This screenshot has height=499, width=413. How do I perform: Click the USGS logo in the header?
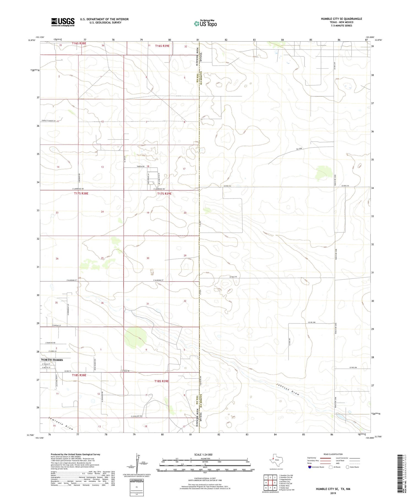tap(63, 22)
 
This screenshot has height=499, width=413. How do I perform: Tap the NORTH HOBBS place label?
tap(52, 360)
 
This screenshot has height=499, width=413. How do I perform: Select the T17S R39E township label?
tap(164, 194)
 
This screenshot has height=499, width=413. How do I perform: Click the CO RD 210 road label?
tap(233, 277)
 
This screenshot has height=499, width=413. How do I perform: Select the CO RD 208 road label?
tap(311, 322)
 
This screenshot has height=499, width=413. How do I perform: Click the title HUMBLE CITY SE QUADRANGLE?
tap(341, 19)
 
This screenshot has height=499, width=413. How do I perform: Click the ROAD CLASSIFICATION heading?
tap(333, 454)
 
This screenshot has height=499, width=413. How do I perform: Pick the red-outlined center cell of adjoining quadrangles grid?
tap(270, 482)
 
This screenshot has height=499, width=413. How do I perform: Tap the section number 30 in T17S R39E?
tap(148, 258)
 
